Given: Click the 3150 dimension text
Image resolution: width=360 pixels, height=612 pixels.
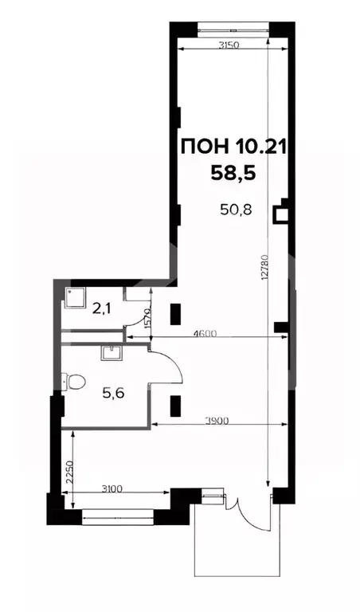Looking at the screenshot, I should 230,45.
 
